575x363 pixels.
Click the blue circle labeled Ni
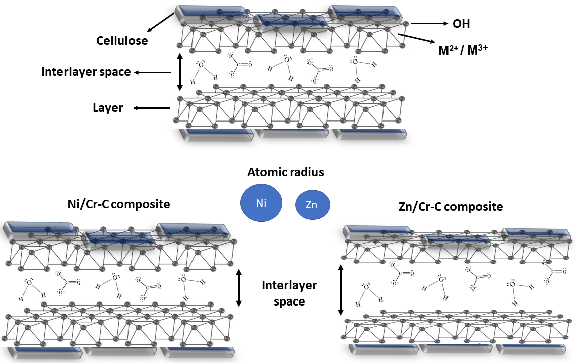tap(261, 204)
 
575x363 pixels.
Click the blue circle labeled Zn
tap(312, 205)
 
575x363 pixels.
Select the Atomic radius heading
tap(286, 172)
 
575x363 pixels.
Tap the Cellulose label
tap(122, 41)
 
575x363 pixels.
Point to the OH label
tap(461, 24)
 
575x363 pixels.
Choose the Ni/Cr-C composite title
tap(118, 204)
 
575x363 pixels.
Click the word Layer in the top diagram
tap(108, 108)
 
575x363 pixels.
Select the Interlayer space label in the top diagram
tap(86, 72)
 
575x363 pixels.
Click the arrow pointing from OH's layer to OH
tap(429, 23)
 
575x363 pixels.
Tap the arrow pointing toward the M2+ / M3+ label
tap(416, 39)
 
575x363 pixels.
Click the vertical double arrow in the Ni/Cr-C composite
tap(239, 288)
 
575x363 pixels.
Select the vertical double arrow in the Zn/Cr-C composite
tap(341, 290)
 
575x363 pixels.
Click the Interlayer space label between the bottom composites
tap(289, 293)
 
